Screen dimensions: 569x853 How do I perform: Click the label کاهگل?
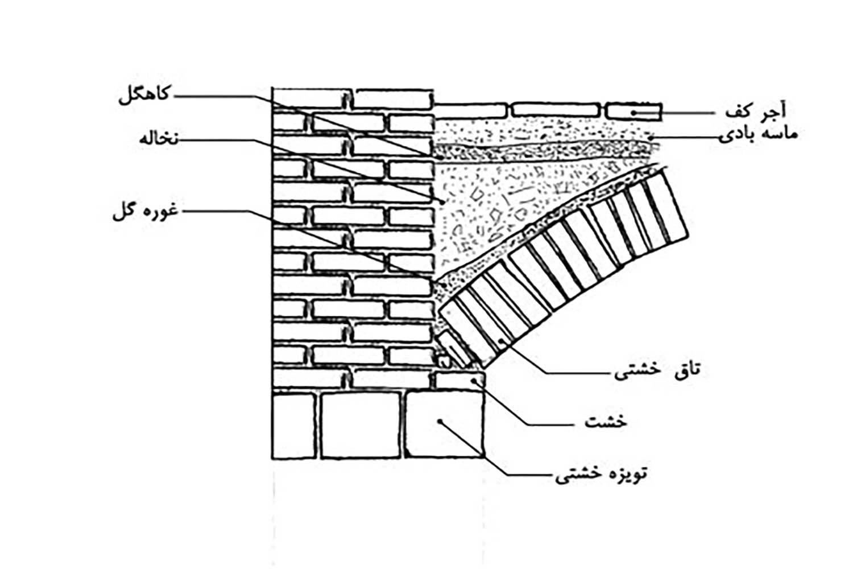143,96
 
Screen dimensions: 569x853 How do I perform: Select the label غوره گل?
146,212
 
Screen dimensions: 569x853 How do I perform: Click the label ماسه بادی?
758,135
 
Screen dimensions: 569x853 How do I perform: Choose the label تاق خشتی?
657,370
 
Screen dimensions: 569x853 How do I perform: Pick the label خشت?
606,423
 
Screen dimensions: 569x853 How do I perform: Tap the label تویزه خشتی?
601,475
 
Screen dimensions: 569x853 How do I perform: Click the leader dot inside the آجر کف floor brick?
633,113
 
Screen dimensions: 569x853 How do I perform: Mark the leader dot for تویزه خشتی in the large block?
440,422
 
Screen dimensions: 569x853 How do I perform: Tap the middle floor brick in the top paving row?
556,110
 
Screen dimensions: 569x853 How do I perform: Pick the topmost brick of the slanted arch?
665,208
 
